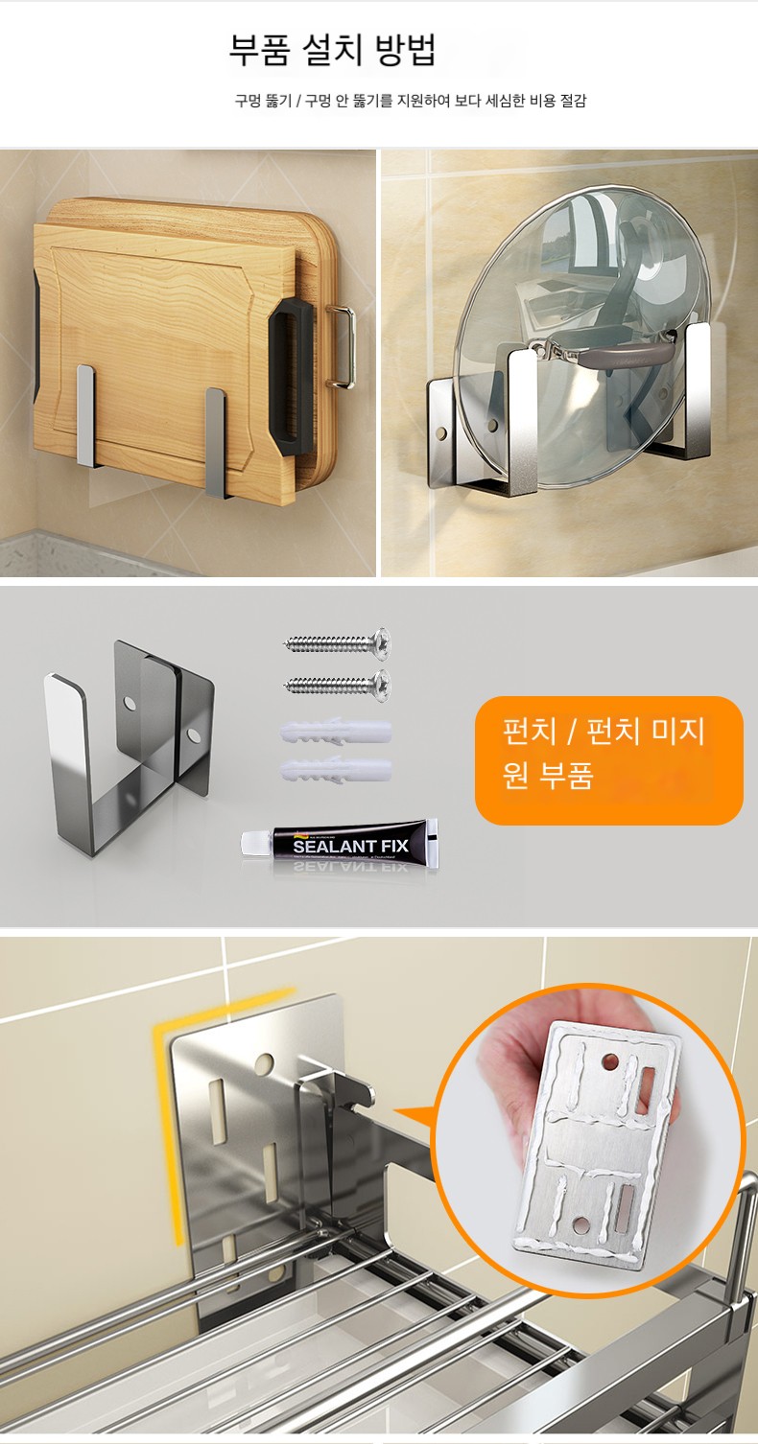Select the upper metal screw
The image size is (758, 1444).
(x=338, y=642)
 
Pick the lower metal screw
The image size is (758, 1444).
(x=338, y=685)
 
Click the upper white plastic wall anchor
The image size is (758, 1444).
(x=336, y=733)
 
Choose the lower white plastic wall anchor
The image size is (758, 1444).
(x=336, y=770)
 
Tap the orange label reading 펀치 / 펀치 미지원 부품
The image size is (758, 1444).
(x=609, y=760)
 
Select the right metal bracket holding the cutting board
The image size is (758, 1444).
(x=217, y=442)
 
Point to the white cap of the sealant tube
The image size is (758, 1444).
(x=254, y=843)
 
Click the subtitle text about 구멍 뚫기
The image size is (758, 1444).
(x=411, y=101)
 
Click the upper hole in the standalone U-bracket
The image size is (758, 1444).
(x=130, y=704)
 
